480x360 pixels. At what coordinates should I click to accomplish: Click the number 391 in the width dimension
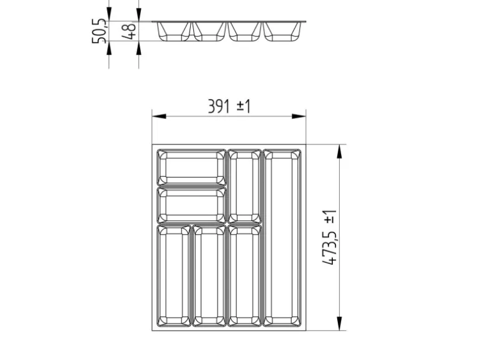[x=219, y=107]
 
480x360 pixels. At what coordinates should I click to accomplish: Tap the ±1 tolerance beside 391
[x=243, y=107]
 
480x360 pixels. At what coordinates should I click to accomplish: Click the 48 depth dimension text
[x=130, y=32]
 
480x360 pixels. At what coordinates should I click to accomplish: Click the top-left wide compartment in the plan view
[x=191, y=166]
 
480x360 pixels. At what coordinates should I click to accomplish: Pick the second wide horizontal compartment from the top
[x=191, y=205]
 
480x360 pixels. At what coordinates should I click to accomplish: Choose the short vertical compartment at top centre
[x=244, y=185]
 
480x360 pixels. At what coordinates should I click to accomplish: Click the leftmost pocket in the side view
[x=173, y=31]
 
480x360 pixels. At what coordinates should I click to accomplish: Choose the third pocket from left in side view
[x=244, y=31]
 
